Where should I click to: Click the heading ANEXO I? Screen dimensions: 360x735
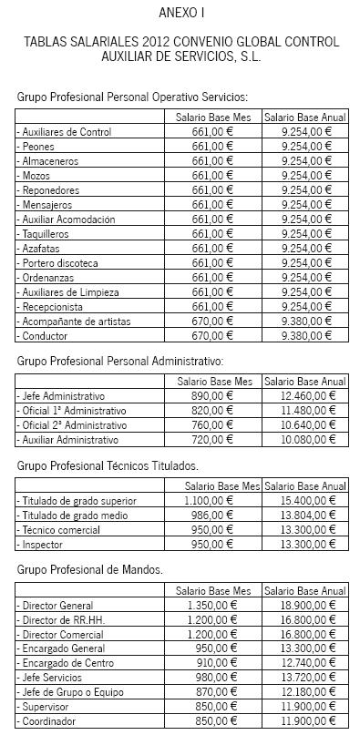[x=180, y=12]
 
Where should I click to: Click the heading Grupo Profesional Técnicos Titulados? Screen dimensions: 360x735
[x=108, y=465]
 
